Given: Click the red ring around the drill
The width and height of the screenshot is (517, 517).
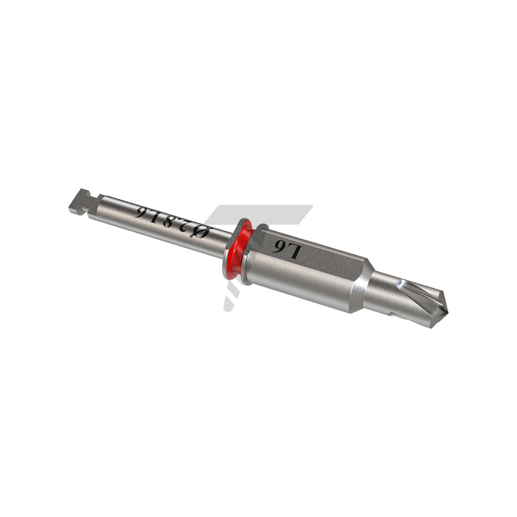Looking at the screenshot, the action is click(x=239, y=251).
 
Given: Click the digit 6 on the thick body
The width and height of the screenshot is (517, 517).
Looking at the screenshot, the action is click(x=278, y=247).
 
